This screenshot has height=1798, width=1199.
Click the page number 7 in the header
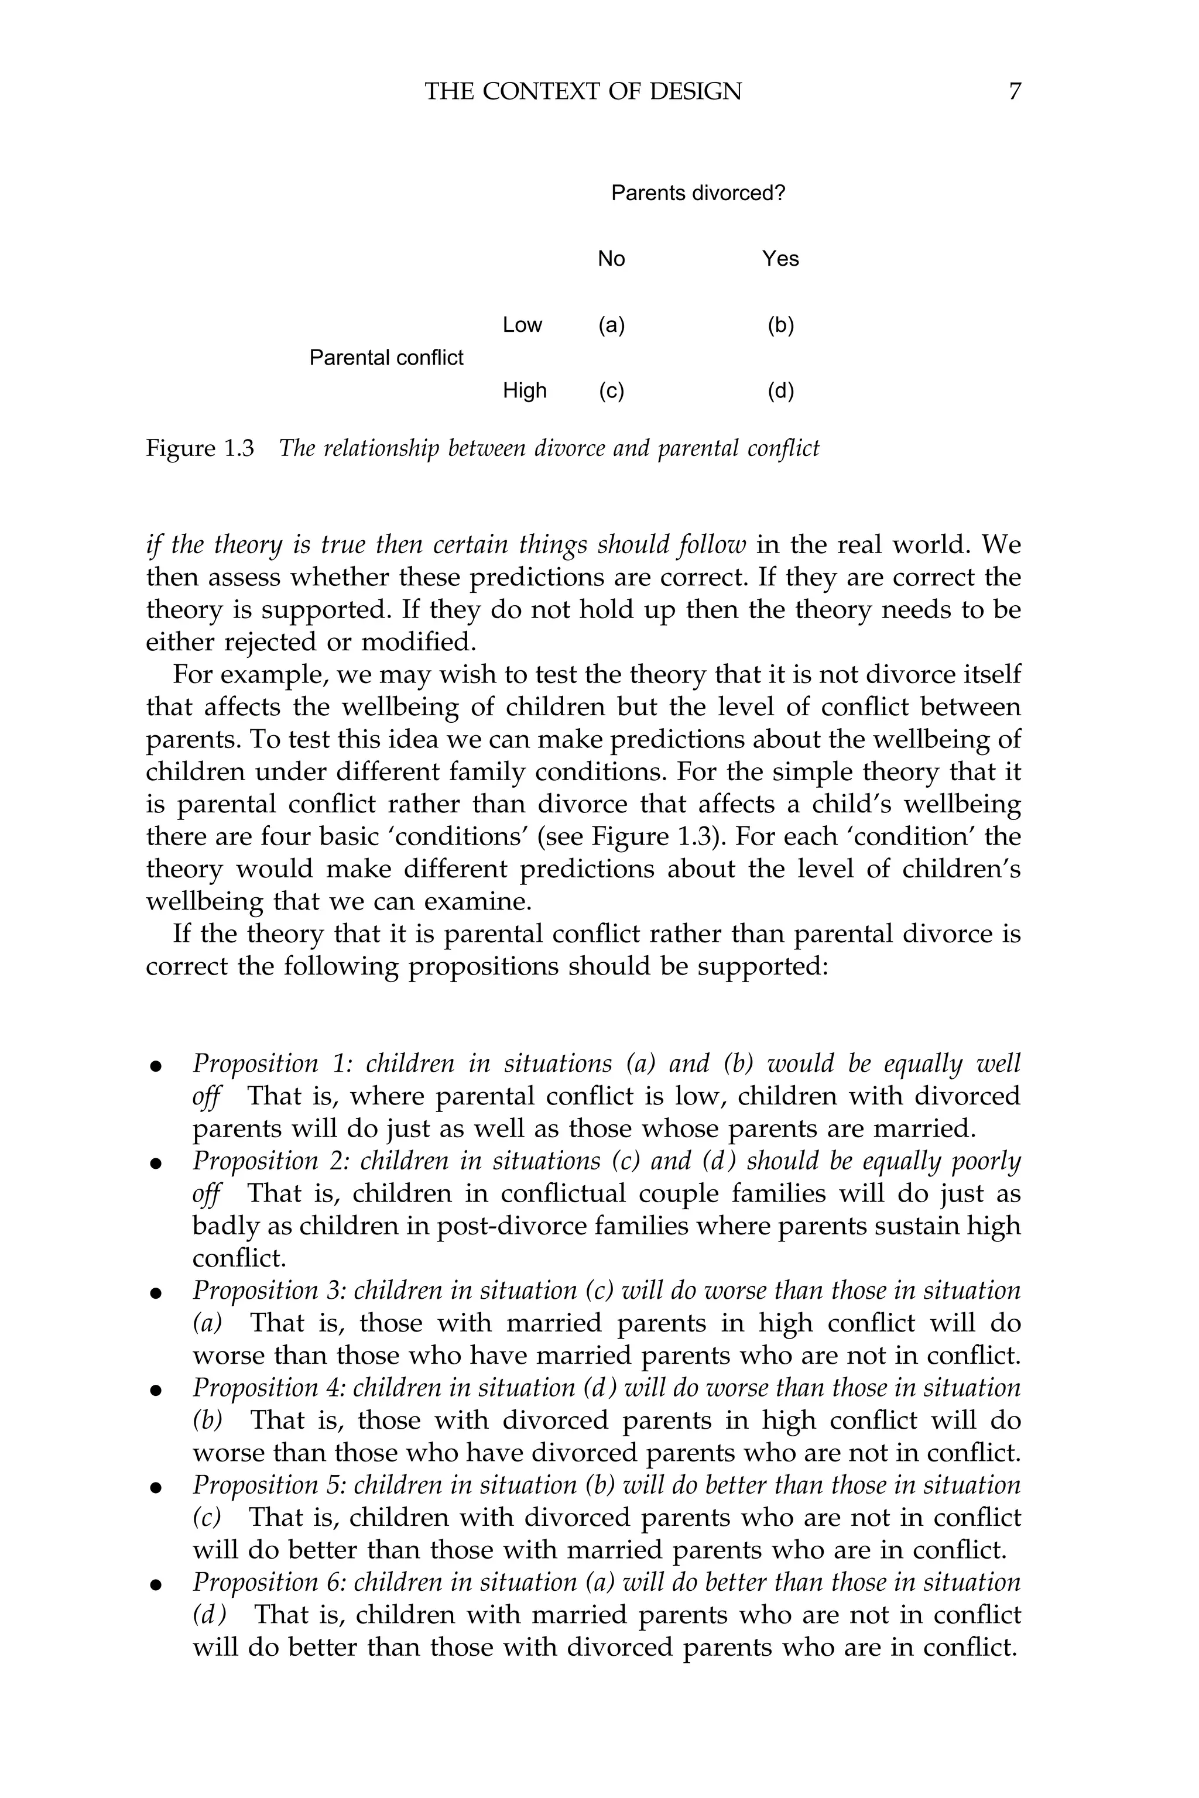[x=1014, y=92]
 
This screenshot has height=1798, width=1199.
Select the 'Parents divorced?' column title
[x=698, y=193]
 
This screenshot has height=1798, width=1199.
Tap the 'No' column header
[x=611, y=259]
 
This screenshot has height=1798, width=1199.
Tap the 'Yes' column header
[x=780, y=259]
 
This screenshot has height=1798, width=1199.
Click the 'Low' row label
[x=522, y=325]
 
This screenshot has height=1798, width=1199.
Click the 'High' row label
[x=525, y=390]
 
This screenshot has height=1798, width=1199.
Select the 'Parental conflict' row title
[x=386, y=358]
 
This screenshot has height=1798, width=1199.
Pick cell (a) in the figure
[x=611, y=325]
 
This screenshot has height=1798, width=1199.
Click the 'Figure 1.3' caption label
[x=200, y=448]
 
